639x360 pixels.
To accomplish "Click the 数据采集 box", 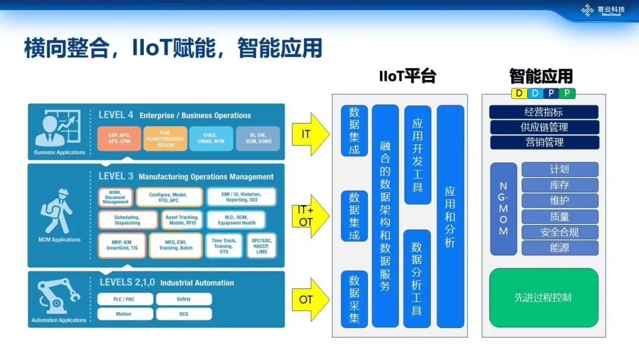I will (x=354, y=299).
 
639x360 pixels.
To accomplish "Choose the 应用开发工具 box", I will (x=417, y=155).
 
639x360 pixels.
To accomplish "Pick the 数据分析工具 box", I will (x=417, y=278).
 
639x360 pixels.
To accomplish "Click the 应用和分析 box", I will (x=450, y=216).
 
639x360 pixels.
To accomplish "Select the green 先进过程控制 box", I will (x=543, y=297).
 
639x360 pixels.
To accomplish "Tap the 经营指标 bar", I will (x=544, y=112).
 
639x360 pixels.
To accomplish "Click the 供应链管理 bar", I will (x=544, y=127).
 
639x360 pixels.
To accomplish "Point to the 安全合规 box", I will (x=559, y=232).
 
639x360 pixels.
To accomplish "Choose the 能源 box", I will (x=559, y=247).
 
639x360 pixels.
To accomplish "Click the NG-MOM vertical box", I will (x=504, y=209).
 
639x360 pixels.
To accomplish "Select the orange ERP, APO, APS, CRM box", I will (x=119, y=139).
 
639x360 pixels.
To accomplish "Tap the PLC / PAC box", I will (x=125, y=299).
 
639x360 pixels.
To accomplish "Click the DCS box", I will (x=184, y=314).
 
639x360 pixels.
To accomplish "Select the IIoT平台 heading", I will (x=407, y=76).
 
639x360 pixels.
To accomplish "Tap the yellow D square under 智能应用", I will (x=519, y=93).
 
